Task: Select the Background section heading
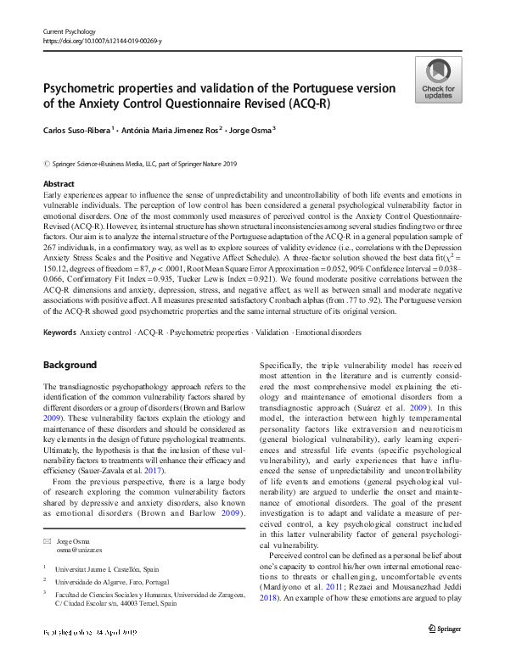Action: pyautogui.click(x=70, y=365)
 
